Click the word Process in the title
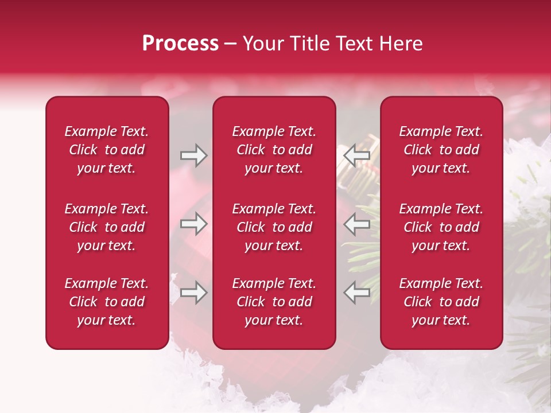tap(180, 44)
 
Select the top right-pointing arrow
tap(193, 155)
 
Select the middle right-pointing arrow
tap(193, 224)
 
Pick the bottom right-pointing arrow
tap(193, 293)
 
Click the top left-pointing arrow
tap(356, 155)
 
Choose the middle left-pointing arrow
tap(356, 224)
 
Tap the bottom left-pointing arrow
tap(356, 293)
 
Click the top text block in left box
tap(107, 150)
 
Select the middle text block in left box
tap(107, 227)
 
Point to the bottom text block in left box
tap(107, 302)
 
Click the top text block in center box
tap(274, 150)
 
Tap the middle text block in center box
tap(274, 227)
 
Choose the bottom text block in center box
tap(274, 302)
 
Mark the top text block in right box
tap(441, 150)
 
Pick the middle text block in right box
tap(441, 227)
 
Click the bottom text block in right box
tap(441, 302)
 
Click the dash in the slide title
tap(230, 44)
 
